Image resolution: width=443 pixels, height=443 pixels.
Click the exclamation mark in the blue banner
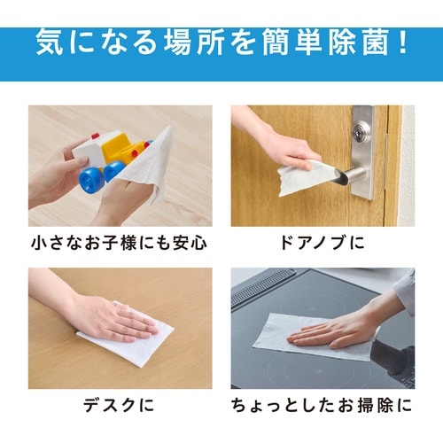tap(402, 42)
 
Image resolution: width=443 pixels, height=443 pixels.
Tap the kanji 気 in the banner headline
tap(50, 42)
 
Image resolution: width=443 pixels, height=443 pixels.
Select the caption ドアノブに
tap(323, 243)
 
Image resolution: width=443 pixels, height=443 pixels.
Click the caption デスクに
tap(119, 405)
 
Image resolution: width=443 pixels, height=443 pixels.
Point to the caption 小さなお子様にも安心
tap(119, 243)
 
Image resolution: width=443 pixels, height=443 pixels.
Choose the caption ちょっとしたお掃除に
tap(322, 405)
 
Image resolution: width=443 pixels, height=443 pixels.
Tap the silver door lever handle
tap(351, 176)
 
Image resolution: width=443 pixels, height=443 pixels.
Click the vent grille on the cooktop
tap(263, 286)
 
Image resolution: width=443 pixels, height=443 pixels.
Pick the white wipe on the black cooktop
tap(313, 337)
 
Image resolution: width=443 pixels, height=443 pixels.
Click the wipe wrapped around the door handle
tap(304, 177)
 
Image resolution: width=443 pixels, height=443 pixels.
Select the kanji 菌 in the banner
tap(376, 42)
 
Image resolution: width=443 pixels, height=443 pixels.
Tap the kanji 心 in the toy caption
tap(198, 243)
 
